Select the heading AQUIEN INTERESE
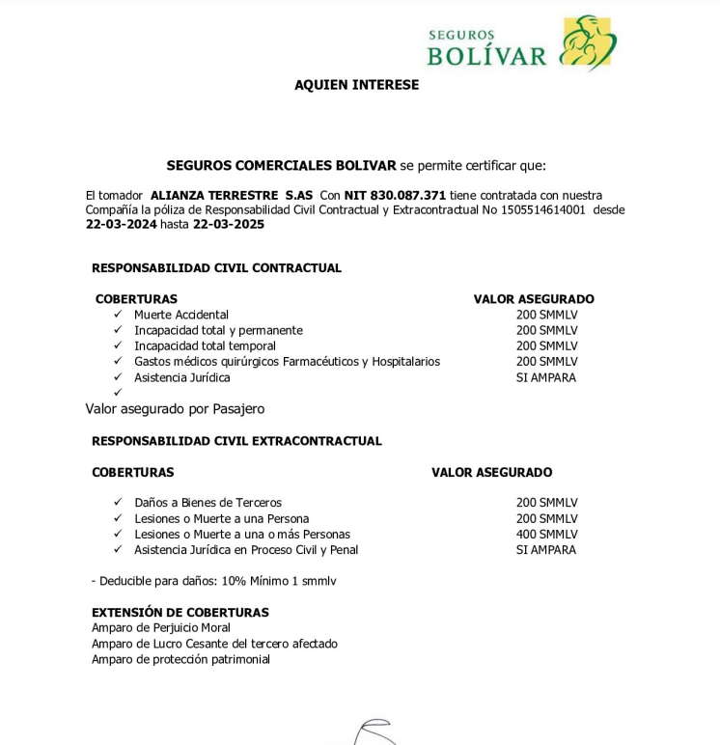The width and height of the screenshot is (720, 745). coord(356,85)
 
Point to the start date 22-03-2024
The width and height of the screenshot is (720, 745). coord(121,225)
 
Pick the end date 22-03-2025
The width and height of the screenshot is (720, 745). coord(228,225)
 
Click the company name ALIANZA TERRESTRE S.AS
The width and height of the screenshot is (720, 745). coord(232,195)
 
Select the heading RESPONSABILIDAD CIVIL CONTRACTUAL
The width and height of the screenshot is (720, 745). coord(216,268)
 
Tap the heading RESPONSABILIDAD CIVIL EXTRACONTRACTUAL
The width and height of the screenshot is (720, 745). coord(236,441)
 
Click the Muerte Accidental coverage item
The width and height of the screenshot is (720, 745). coord(181,315)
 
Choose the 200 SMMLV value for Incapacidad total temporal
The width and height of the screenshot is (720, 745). coord(546,345)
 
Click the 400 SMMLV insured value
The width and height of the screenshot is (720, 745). coord(546,534)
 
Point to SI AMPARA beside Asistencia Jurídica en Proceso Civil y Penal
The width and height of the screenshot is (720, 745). coord(546,550)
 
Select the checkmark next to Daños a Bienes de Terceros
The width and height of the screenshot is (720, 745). coord(118,502)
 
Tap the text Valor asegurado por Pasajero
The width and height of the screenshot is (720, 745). coord(175,409)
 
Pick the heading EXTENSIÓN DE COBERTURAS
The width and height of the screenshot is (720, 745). coord(180,612)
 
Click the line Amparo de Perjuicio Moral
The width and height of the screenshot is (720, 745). coord(161,627)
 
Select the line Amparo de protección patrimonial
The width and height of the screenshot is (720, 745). coord(180,659)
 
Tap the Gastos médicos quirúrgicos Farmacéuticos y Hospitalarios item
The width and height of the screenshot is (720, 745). coord(287,362)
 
